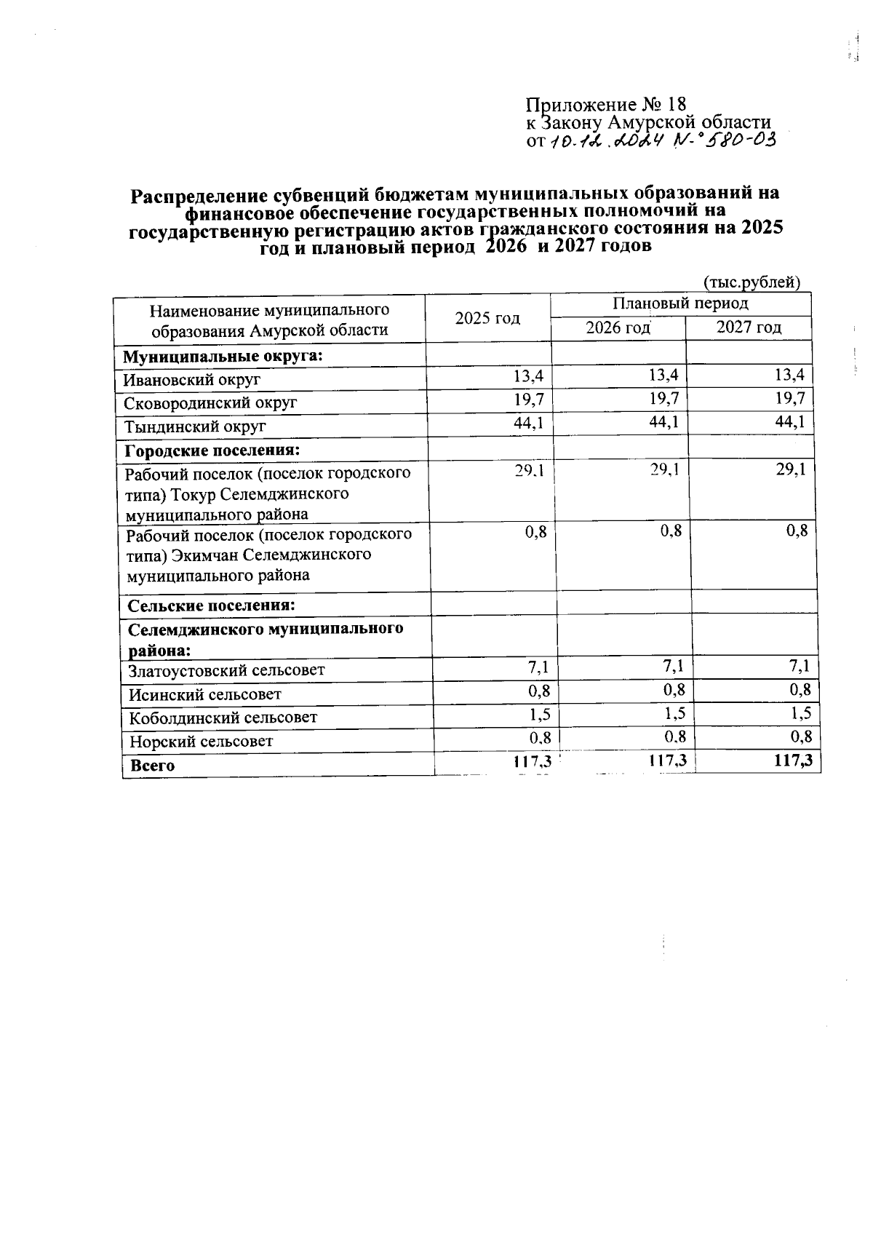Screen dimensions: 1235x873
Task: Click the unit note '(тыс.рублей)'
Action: tap(752, 282)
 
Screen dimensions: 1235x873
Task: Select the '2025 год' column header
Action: tap(487, 318)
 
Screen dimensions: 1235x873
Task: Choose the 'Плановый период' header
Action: tap(680, 303)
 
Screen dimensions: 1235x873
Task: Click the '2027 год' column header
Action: tap(749, 327)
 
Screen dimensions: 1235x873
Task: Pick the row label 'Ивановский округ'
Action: tap(192, 379)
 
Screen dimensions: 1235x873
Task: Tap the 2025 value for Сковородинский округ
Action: tap(528, 398)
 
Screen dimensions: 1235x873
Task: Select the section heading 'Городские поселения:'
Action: tap(212, 450)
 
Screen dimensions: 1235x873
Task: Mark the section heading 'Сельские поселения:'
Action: tap(211, 605)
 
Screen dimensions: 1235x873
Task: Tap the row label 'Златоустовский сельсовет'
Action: tap(227, 670)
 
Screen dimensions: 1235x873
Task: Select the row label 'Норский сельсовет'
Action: tap(202, 742)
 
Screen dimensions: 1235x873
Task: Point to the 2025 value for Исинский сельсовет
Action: tap(539, 690)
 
